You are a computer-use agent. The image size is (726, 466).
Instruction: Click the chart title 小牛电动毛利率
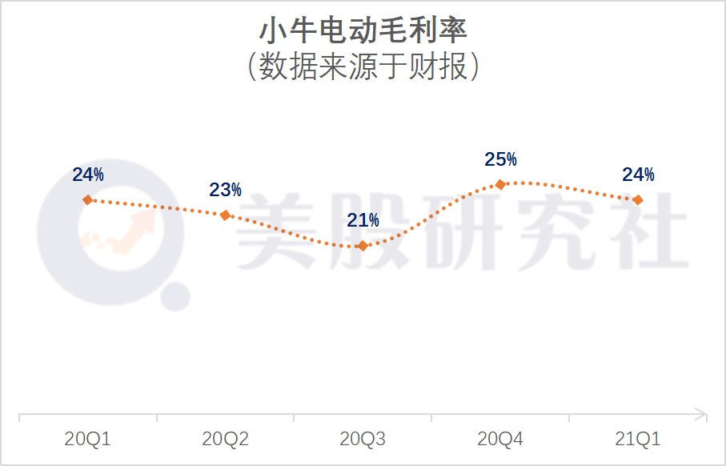(363, 30)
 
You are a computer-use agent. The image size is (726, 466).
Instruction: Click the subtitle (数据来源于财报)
(363, 67)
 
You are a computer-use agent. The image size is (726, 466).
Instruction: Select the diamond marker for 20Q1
(88, 199)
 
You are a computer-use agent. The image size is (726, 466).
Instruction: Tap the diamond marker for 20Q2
(225, 215)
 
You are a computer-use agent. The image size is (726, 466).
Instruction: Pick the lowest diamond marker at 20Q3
(363, 246)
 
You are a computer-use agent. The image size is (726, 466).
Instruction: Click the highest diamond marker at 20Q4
(500, 184)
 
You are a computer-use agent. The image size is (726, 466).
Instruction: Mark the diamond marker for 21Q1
(637, 199)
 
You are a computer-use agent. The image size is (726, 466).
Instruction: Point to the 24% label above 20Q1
(87, 174)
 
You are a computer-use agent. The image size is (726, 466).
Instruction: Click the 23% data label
(225, 190)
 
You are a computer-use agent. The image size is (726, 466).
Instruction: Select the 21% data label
(363, 220)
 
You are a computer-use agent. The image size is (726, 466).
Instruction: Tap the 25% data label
(500, 159)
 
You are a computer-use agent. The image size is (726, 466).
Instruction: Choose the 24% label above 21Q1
(638, 175)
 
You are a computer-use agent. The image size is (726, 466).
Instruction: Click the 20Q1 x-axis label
(87, 439)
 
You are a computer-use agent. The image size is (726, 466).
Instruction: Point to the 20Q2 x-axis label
(225, 439)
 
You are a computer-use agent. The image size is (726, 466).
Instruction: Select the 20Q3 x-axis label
(363, 439)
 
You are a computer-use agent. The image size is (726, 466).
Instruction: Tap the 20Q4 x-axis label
(500, 439)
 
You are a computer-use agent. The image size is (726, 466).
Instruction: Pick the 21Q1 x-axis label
(638, 439)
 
